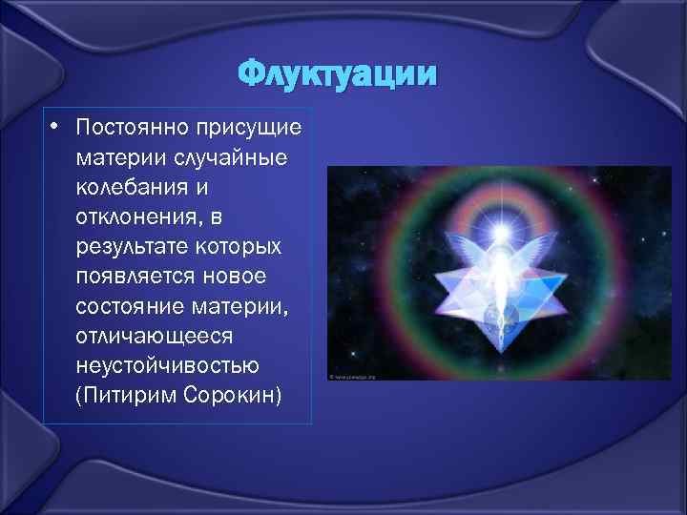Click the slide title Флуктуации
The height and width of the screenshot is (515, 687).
[339, 73]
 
